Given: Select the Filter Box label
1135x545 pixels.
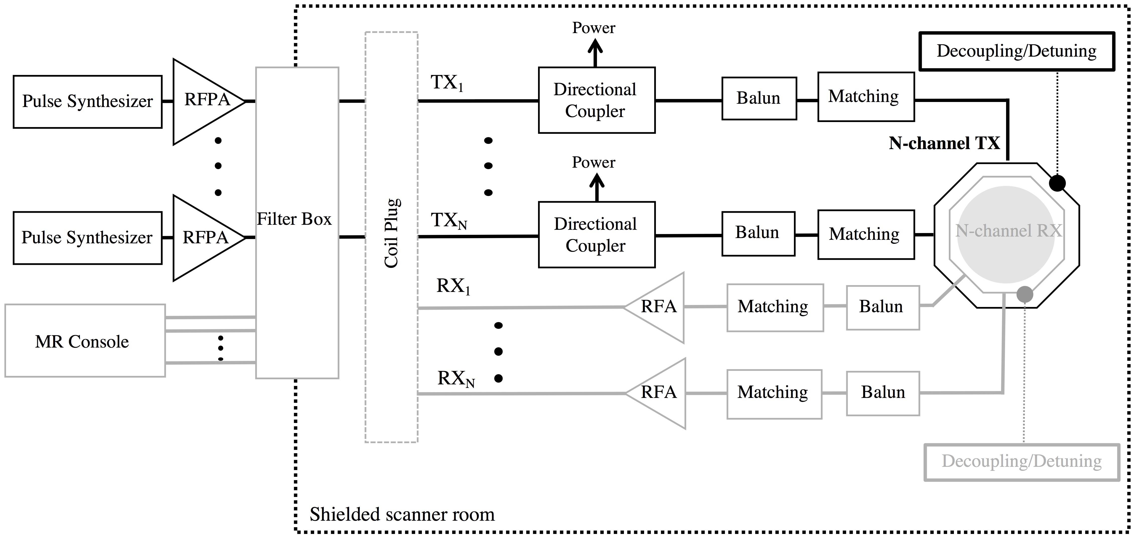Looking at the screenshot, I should (294, 219).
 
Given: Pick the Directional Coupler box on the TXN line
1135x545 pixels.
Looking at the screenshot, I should (596, 235).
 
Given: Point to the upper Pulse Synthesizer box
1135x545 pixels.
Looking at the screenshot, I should (87, 101).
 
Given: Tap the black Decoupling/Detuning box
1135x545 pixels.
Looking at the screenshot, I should (1016, 51).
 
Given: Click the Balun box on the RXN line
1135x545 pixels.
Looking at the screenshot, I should (882, 393).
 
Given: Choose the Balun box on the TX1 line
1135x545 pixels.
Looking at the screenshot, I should (759, 98).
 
